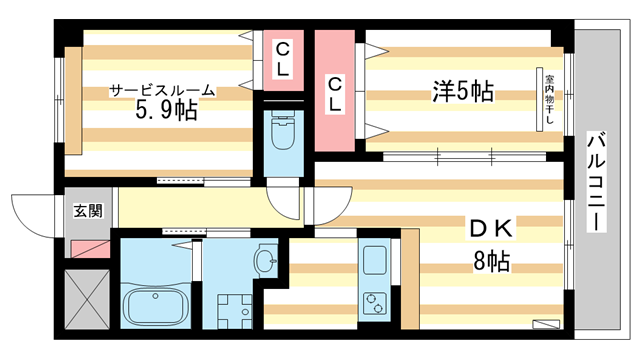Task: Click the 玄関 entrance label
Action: [87, 211]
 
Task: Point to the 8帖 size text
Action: [492, 262]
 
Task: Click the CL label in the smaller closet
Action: [283, 59]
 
